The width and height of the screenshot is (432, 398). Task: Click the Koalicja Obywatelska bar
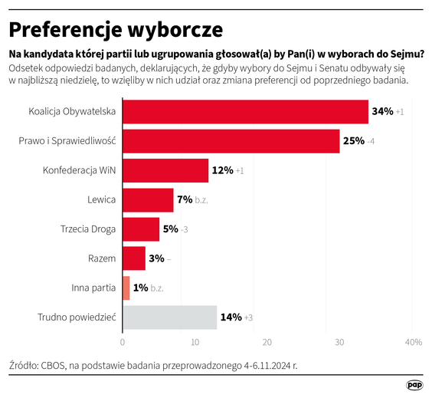(x=245, y=112)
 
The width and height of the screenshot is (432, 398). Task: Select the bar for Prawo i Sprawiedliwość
(x=231, y=141)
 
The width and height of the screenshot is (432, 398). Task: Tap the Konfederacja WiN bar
(x=165, y=170)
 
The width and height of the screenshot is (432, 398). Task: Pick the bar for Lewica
(x=148, y=199)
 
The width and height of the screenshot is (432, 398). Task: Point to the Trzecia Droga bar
(x=141, y=229)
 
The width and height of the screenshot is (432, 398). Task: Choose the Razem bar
(x=134, y=258)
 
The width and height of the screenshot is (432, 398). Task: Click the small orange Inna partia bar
(x=126, y=287)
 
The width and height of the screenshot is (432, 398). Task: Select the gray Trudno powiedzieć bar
(x=170, y=316)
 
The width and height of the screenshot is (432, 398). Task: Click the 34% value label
(x=382, y=112)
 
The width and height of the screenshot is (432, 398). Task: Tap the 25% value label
(x=353, y=141)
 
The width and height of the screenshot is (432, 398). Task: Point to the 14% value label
(x=231, y=316)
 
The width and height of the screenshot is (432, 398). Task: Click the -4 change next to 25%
(x=370, y=141)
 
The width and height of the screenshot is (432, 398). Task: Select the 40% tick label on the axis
(x=412, y=341)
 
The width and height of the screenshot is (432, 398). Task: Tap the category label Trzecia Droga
(x=88, y=229)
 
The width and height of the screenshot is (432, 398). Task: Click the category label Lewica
(x=102, y=199)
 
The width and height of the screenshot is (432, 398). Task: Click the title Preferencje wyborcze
(x=116, y=29)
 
